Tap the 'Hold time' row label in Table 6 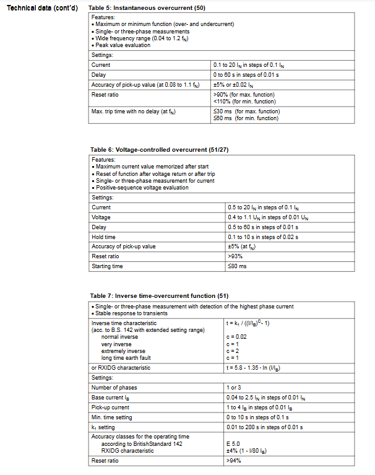click(103, 237)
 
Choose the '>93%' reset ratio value click(234, 256)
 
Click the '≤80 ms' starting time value click(236, 266)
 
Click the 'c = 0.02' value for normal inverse click(238, 336)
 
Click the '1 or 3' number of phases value click(235, 387)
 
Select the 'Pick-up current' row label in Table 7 click(110, 407)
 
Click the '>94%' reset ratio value click(234, 461)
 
